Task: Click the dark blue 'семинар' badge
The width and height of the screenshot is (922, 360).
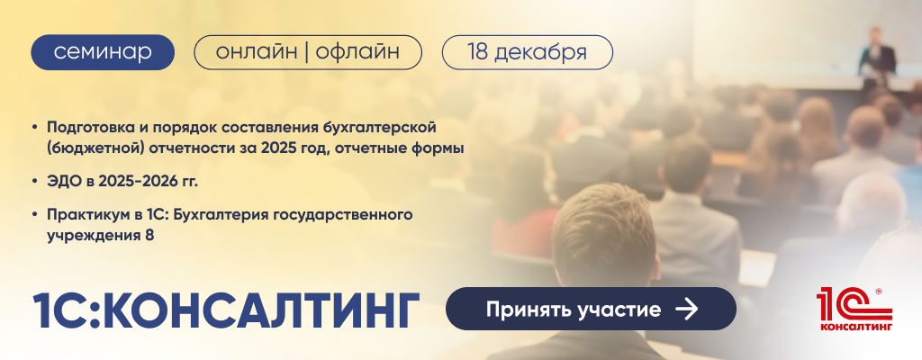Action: (x=103, y=52)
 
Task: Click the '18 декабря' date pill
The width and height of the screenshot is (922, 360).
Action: (x=527, y=52)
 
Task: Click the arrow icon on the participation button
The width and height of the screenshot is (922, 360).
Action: (x=687, y=310)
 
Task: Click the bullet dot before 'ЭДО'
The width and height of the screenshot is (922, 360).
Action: (x=35, y=183)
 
